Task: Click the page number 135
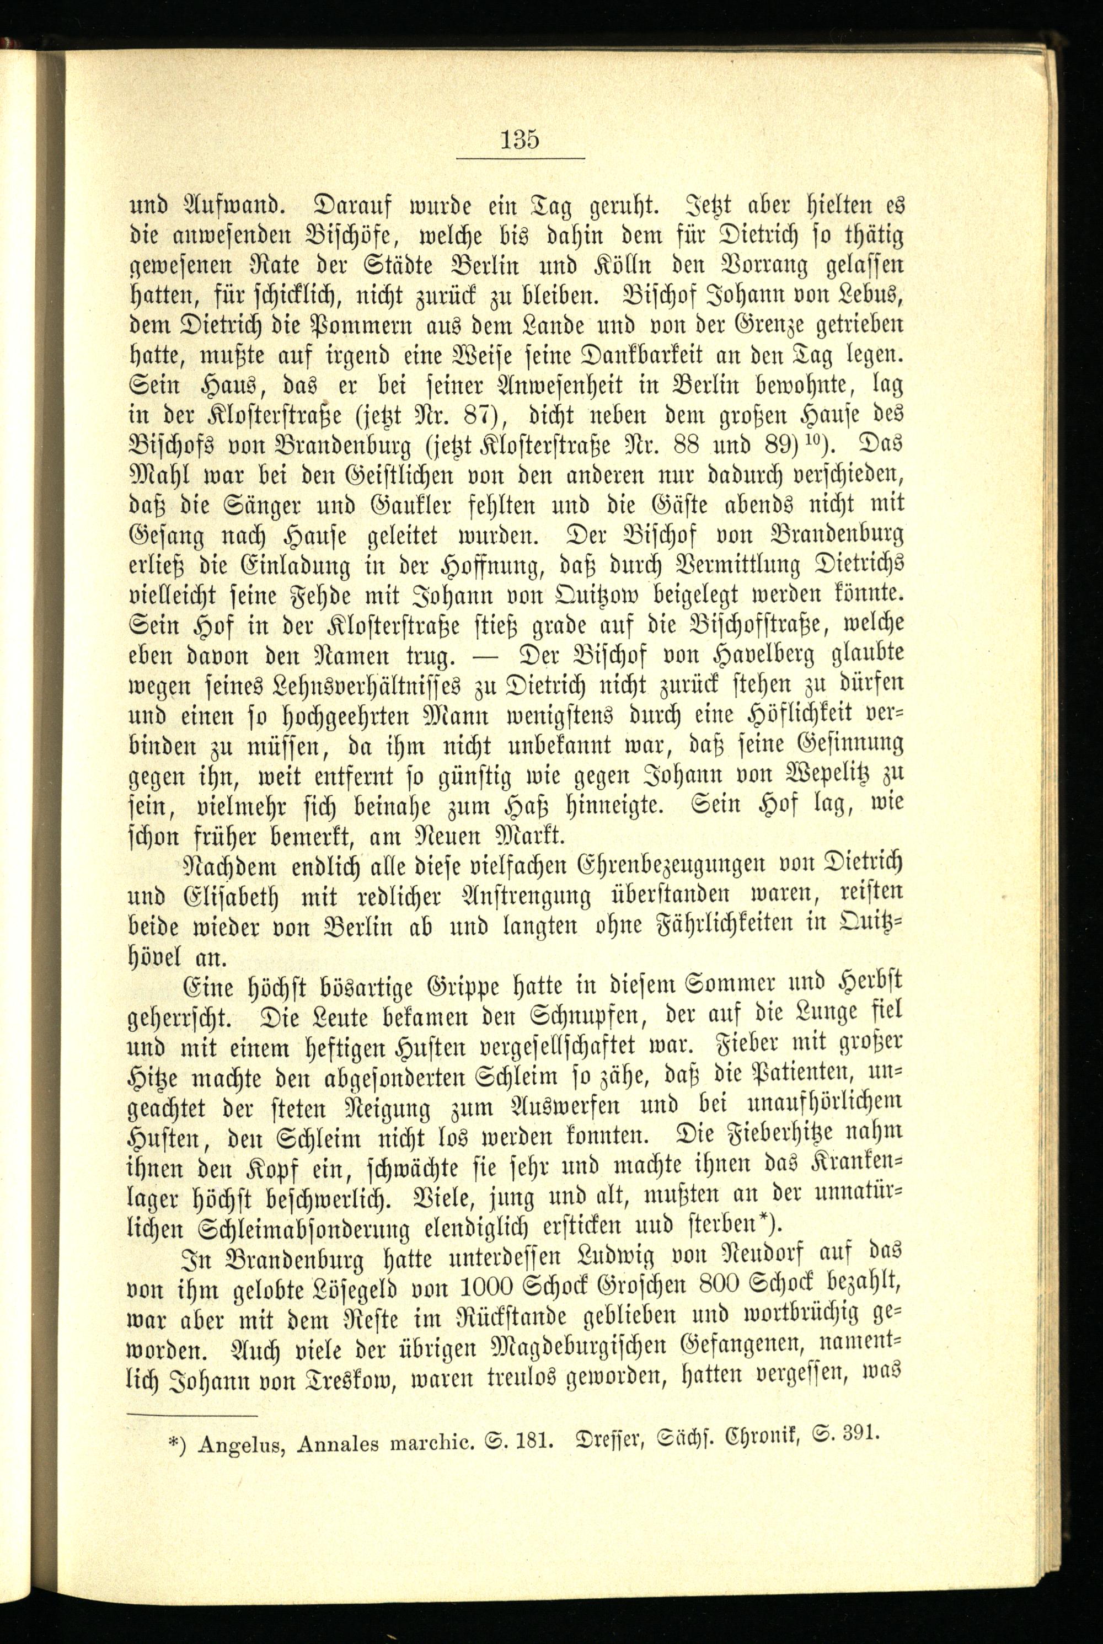[520, 140]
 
